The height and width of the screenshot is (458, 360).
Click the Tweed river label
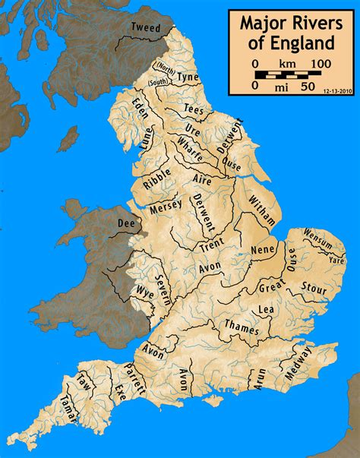[146, 27]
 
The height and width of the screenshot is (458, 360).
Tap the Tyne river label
[188, 77]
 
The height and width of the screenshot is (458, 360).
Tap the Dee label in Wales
[125, 223]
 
